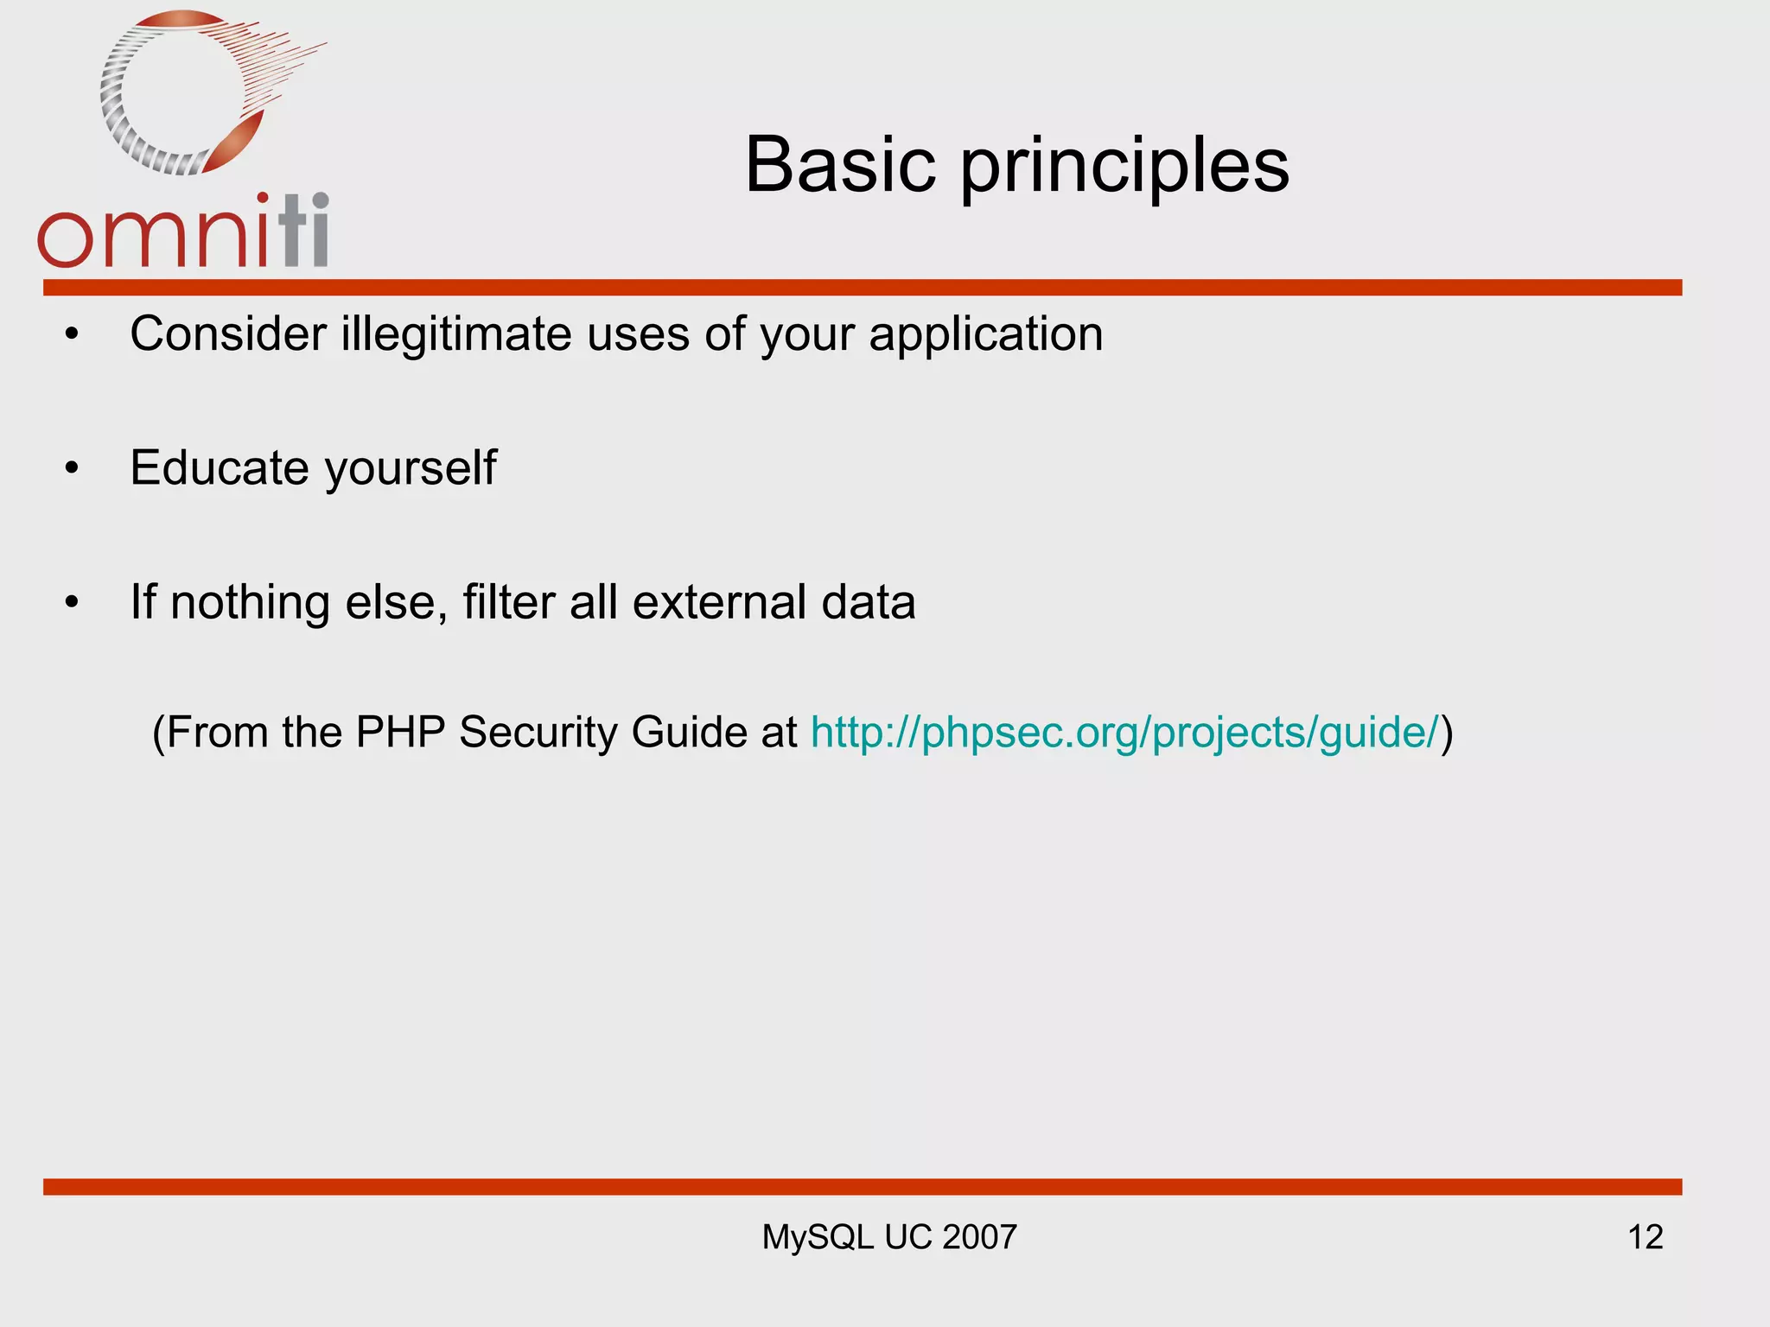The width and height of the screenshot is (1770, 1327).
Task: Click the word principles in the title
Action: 1124,167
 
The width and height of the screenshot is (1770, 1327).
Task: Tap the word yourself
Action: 411,469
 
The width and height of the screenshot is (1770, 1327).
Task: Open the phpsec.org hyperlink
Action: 1124,733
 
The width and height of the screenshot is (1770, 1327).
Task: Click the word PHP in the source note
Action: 400,732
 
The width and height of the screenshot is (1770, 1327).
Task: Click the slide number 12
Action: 1645,1237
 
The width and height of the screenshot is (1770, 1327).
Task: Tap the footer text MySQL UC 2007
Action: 888,1237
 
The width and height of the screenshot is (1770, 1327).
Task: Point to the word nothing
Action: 250,602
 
